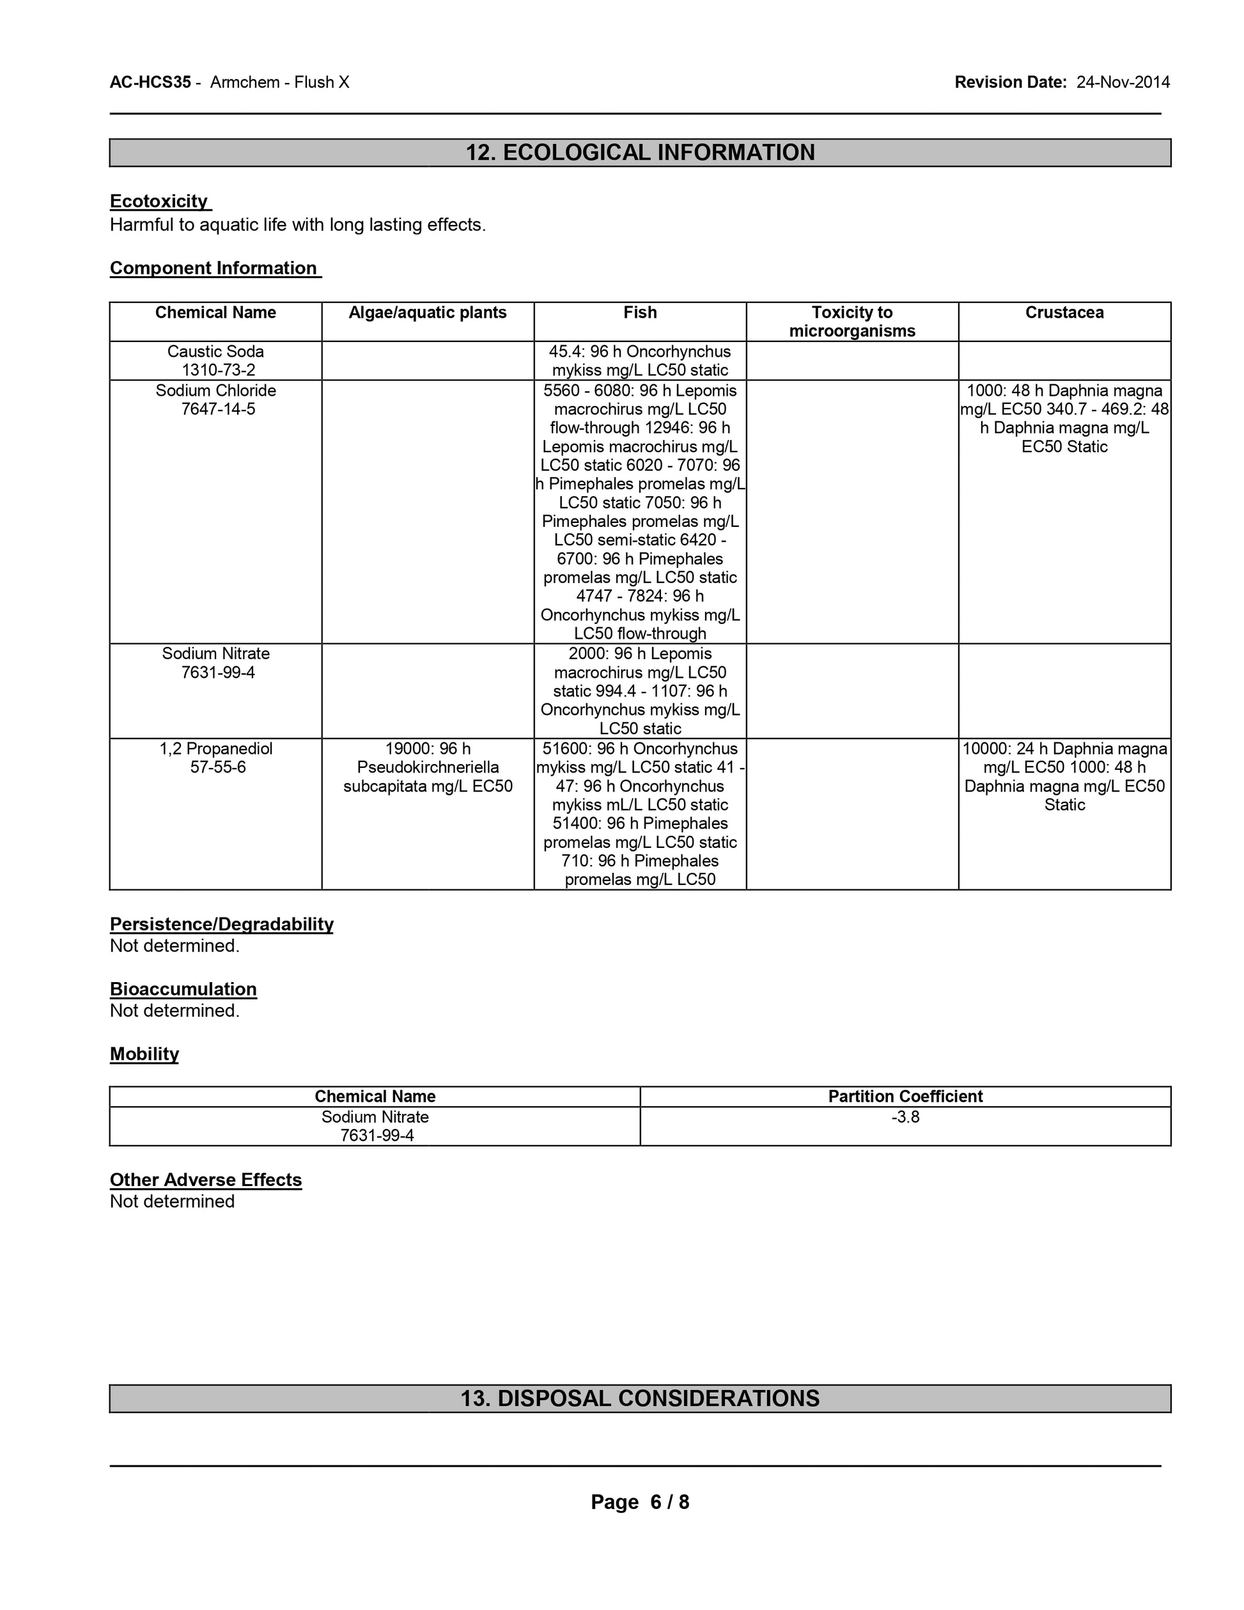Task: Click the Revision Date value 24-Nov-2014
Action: point(1123,82)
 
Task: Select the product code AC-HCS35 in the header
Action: point(150,82)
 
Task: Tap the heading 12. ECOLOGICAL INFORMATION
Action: point(640,153)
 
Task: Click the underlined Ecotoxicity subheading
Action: point(160,201)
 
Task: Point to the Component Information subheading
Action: point(214,269)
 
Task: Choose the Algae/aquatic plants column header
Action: point(428,313)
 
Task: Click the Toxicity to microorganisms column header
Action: point(852,322)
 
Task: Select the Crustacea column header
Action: point(1064,313)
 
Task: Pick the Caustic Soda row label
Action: point(215,352)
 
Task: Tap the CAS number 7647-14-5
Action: point(218,409)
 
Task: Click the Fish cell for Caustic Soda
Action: point(640,361)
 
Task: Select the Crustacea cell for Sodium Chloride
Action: point(1064,418)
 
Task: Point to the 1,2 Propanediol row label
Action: point(216,749)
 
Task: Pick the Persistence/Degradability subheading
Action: point(221,925)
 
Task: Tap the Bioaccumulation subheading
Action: point(183,989)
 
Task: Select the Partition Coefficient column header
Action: point(905,1096)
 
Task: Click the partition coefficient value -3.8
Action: point(905,1117)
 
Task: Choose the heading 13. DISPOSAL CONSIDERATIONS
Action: point(640,1398)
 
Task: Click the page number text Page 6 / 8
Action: point(640,1502)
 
